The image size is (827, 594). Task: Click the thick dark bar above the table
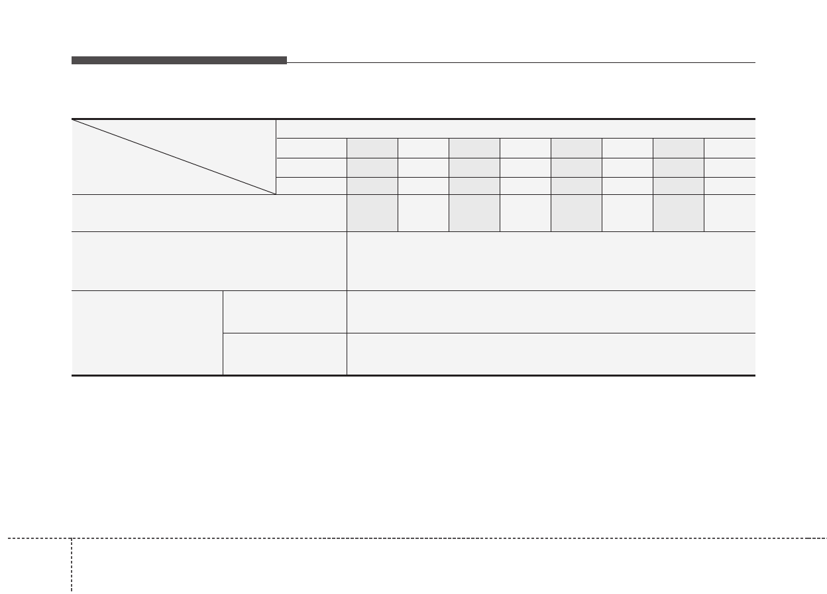click(179, 60)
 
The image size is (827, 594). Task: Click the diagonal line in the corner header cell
click(174, 156)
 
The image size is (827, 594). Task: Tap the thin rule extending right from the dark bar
click(521, 63)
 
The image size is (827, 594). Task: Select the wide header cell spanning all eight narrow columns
click(516, 129)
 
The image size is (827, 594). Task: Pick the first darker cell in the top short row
click(372, 148)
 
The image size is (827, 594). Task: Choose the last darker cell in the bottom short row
click(679, 186)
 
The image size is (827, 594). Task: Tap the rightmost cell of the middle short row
click(730, 167)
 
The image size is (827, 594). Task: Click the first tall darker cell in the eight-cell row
click(372, 213)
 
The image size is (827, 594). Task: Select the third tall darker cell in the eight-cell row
click(577, 213)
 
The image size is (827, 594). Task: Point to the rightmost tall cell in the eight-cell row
click(730, 213)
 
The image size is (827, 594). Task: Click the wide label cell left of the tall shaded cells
click(209, 213)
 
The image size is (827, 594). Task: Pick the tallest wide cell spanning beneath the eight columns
click(551, 261)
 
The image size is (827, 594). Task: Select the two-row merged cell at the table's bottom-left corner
click(147, 333)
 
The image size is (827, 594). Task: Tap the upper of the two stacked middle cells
click(285, 312)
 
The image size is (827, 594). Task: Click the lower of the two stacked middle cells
click(285, 354)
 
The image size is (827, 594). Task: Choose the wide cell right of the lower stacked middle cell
click(551, 354)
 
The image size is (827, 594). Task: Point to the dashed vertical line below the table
click(72, 567)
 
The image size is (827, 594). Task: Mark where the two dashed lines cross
click(72, 538)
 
